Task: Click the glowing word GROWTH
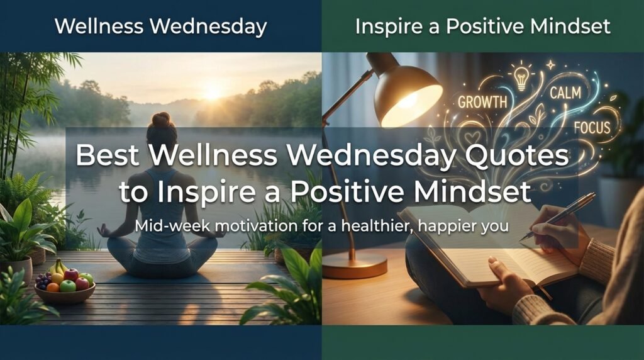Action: tap(482, 101)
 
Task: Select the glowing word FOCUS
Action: tap(592, 128)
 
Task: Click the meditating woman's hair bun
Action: tap(161, 119)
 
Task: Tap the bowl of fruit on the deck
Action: tap(65, 288)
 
